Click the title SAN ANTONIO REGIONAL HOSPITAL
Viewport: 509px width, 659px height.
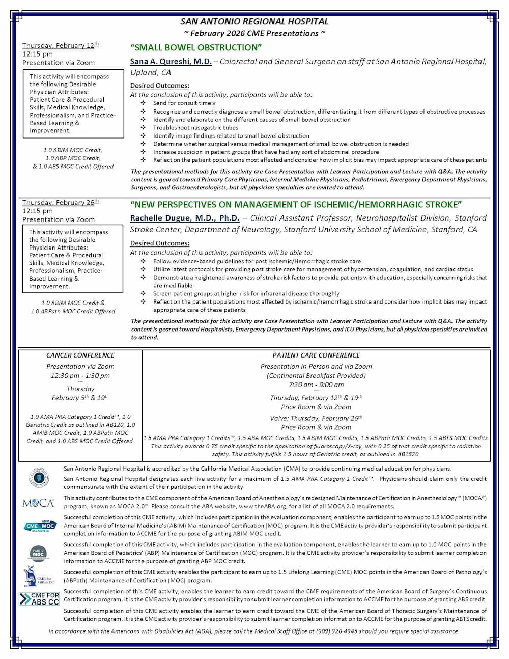[x=254, y=21]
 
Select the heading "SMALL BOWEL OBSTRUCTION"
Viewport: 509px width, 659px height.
[x=196, y=47]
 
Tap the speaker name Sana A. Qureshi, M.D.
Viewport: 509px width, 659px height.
[x=171, y=61]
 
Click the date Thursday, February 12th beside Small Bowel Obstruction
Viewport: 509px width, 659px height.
[x=60, y=45]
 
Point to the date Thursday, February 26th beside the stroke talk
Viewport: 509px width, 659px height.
[x=60, y=202]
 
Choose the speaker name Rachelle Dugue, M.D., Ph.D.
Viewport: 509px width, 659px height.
[x=185, y=218]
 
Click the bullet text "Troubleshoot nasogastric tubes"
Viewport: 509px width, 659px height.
[x=195, y=127]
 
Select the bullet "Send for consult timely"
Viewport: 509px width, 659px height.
[x=184, y=103]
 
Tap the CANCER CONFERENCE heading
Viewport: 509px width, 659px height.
[x=80, y=355]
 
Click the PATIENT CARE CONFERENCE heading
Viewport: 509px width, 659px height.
[x=316, y=355]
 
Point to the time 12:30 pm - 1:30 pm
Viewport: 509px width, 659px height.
[x=80, y=376]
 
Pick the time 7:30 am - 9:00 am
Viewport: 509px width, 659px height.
[x=316, y=385]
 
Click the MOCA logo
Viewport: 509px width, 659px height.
[x=39, y=503]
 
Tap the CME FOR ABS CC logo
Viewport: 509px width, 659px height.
[x=39, y=598]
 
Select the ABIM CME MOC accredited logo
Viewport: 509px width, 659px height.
[x=40, y=526]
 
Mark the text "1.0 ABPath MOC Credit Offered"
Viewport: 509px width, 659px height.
[x=73, y=311]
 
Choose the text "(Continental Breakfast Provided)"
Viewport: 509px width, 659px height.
[x=316, y=375]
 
